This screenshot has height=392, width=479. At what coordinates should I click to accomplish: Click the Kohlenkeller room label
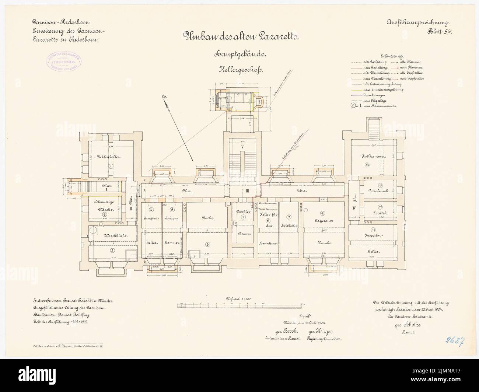(x=109, y=157)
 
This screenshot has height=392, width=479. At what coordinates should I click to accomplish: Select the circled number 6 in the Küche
(x=207, y=244)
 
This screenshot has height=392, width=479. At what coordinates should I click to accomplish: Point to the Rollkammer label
(x=373, y=157)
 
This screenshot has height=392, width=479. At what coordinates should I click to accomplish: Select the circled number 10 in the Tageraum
(x=322, y=213)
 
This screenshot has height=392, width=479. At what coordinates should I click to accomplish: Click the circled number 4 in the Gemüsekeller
(x=151, y=210)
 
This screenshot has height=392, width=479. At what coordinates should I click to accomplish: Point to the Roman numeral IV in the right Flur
(x=353, y=208)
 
